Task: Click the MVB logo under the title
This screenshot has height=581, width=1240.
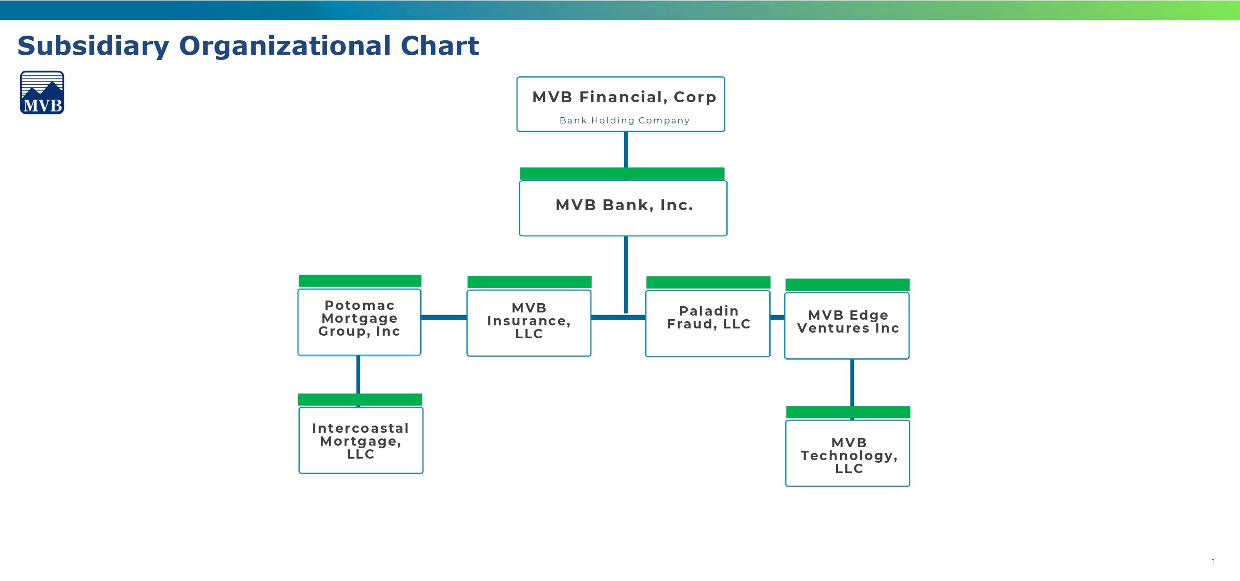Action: [42, 92]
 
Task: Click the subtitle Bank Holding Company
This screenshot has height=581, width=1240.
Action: [624, 120]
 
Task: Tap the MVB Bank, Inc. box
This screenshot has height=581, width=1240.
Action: [623, 208]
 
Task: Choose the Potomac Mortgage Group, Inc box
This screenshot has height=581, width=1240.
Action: [360, 322]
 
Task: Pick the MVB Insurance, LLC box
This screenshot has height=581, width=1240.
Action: [529, 323]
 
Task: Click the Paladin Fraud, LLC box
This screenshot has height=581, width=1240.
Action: [708, 323]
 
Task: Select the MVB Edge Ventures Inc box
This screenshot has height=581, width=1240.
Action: [847, 325]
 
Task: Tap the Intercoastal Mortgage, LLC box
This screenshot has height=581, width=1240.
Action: [361, 440]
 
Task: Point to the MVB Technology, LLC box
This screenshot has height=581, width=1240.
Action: [847, 453]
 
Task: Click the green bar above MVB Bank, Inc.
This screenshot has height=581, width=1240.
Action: [622, 174]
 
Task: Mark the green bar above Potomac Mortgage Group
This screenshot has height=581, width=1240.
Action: [360, 280]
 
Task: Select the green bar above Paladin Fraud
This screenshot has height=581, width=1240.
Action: [708, 282]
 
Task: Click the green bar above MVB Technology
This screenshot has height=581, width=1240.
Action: [848, 412]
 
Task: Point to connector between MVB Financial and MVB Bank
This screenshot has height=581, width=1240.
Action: [626, 149]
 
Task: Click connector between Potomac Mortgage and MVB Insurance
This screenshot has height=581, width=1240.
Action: [444, 317]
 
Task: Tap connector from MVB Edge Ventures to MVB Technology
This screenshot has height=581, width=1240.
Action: [852, 382]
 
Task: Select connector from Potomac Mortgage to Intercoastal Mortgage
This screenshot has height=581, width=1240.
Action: [358, 374]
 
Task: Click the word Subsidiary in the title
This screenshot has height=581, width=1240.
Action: [93, 46]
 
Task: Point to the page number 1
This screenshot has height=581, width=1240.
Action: [1213, 562]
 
